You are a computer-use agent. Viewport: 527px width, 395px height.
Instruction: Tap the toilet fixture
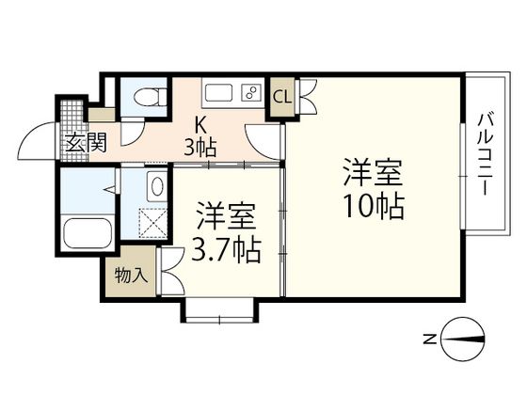149,96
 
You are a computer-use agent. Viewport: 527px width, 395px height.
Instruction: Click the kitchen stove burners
251,93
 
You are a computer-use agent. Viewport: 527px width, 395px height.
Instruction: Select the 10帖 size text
373,205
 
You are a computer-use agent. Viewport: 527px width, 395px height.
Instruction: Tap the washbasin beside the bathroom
156,185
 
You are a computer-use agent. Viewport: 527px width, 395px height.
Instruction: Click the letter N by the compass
428,338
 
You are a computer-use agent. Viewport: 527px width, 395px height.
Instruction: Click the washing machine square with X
152,224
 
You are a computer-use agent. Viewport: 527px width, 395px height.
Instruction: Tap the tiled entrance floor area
72,117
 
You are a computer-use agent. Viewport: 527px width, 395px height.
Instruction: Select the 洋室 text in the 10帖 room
373,173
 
